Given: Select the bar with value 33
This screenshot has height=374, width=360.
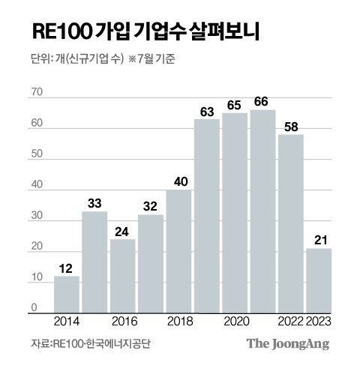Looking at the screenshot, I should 94,262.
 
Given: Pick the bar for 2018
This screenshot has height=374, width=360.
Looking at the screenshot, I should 178,251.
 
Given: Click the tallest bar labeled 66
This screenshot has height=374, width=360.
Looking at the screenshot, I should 262,211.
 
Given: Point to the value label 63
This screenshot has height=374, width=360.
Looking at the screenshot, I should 206,112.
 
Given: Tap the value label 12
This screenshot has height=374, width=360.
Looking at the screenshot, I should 66,268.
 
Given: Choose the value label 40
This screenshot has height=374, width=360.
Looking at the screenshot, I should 178,182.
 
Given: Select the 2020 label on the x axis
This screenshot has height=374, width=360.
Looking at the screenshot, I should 235,322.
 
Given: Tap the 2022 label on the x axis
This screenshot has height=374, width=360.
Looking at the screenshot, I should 290,322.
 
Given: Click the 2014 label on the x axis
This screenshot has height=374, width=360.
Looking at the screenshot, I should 67,322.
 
